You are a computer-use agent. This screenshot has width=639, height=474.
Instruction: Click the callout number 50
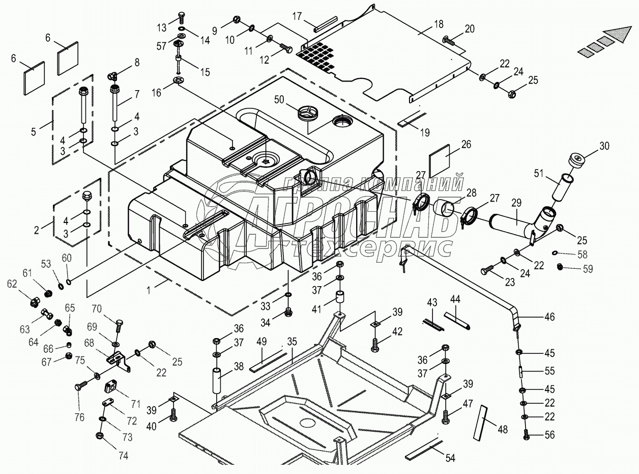coord(279,100)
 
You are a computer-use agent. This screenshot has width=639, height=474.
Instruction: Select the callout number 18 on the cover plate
coord(439,24)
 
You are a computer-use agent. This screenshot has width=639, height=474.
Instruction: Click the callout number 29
coord(516,203)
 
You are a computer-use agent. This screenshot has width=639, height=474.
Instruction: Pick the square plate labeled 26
coord(439,161)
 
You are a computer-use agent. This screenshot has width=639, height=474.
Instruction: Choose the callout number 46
coord(549,317)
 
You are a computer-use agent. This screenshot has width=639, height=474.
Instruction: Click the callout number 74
coord(123,456)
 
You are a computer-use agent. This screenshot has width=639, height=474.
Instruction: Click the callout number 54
coord(450,458)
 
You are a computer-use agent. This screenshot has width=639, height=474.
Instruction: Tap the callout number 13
coord(162,27)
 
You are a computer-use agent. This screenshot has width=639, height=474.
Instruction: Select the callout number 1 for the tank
coord(149,290)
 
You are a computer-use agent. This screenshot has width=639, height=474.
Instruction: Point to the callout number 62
coord(12,284)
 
